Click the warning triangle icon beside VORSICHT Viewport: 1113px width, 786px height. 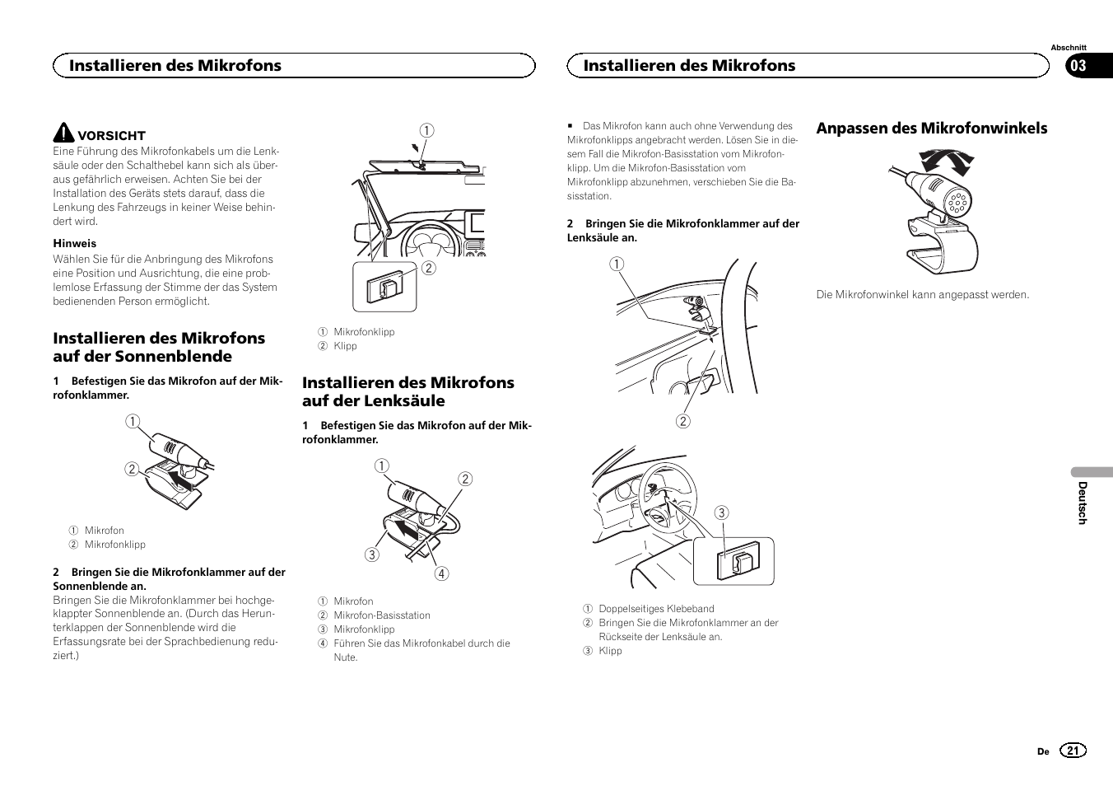tap(63, 133)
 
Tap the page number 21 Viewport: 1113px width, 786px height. tap(1073, 751)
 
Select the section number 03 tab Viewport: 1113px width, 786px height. tap(1078, 66)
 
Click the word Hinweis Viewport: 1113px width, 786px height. tap(75, 243)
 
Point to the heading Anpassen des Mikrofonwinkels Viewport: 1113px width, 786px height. tap(931, 128)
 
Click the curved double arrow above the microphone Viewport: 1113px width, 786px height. tap(946, 159)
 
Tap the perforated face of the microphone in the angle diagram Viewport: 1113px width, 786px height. tap(956, 200)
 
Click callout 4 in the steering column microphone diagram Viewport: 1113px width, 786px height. tap(442, 574)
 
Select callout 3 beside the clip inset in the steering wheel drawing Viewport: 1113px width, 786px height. tap(721, 513)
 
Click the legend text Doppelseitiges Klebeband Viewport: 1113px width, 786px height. tap(656, 609)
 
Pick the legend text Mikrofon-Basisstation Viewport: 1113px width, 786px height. tap(381, 615)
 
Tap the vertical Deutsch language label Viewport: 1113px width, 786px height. tap(1083, 503)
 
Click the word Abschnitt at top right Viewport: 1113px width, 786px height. tap(1068, 48)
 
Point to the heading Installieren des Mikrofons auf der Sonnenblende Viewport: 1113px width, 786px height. tap(159, 347)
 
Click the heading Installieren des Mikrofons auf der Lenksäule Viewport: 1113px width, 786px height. tap(407, 391)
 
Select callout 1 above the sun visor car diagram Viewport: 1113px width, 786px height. tap(426, 130)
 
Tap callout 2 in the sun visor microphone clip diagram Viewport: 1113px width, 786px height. tap(131, 470)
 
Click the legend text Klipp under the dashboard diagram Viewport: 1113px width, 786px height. tap(345, 346)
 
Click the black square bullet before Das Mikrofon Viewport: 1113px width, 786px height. tap(569, 126)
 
